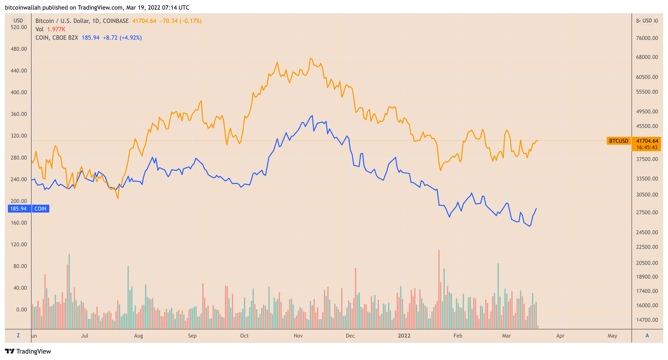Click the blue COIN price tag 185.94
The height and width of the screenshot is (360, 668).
(x=18, y=209)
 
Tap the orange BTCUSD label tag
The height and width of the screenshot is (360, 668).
(x=618, y=141)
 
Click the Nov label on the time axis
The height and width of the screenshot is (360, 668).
(x=298, y=336)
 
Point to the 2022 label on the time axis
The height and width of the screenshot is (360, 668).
(x=404, y=336)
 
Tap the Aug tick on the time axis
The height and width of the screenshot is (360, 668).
(x=138, y=336)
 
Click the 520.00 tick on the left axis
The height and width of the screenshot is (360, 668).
(x=19, y=27)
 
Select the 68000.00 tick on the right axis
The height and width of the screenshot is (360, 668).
(x=647, y=57)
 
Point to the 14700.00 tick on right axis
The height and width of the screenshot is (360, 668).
(x=647, y=320)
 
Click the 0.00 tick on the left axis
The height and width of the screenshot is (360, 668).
(x=21, y=309)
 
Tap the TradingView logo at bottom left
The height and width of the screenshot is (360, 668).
(x=28, y=351)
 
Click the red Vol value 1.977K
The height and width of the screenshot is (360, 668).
(x=56, y=29)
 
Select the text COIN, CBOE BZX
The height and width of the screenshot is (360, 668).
(x=56, y=38)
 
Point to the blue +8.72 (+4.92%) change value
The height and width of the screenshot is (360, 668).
(x=122, y=38)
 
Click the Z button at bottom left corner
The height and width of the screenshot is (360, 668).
(x=18, y=335)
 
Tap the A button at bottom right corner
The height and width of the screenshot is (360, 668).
(x=647, y=335)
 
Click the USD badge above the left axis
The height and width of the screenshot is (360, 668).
(x=18, y=20)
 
